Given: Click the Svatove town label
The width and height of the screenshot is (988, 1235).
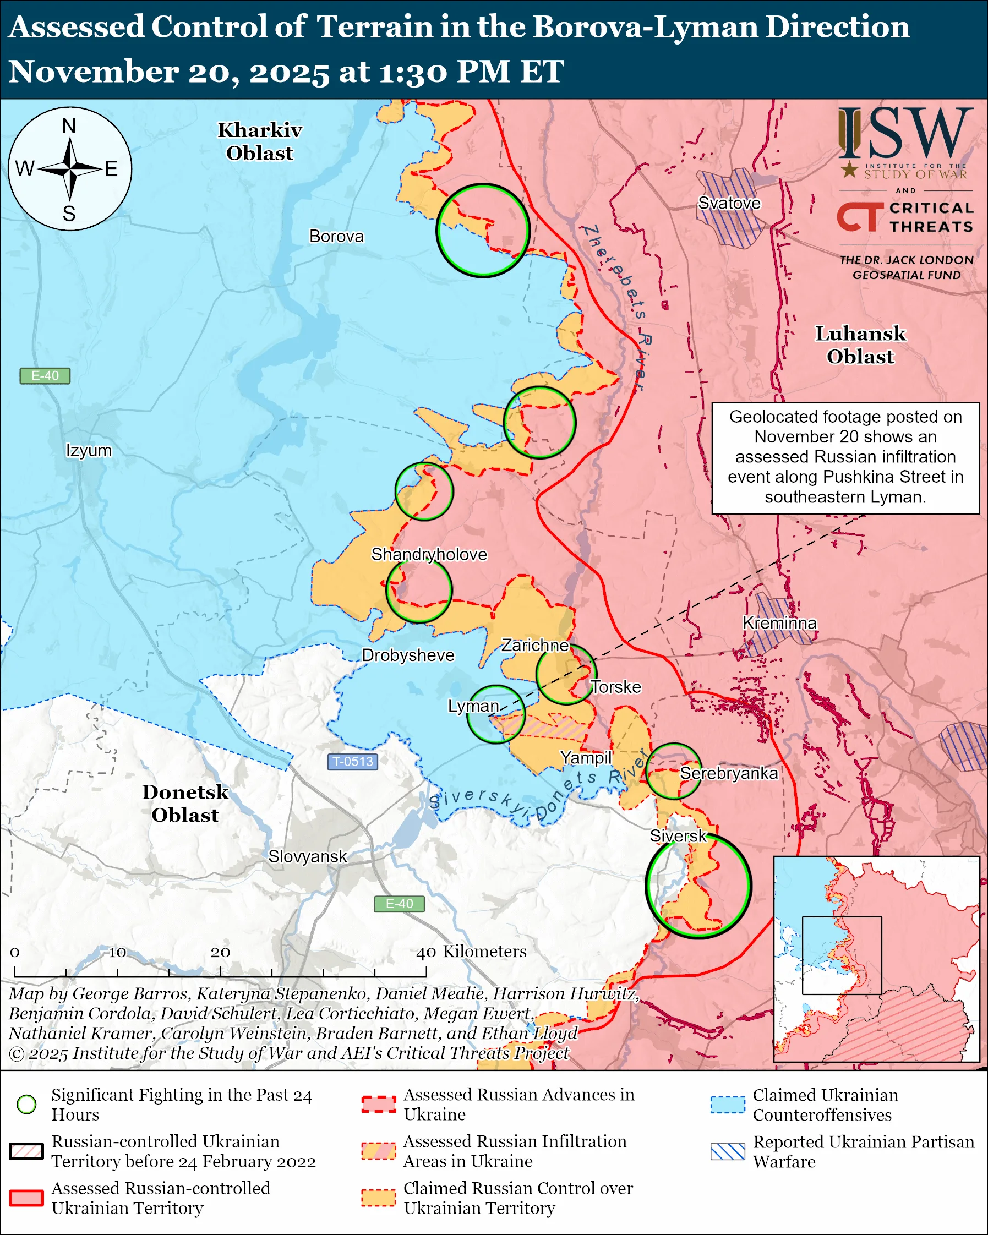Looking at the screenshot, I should pos(729,203).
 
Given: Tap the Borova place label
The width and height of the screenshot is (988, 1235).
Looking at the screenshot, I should pos(336,237).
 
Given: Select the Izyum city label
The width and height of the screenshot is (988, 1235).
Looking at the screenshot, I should pos(89,450).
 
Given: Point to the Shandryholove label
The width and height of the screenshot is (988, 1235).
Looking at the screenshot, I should pos(429,555).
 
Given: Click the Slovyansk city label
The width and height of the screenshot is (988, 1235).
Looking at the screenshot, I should pos(308,856).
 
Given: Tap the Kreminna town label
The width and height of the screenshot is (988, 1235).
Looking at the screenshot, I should pos(779,623).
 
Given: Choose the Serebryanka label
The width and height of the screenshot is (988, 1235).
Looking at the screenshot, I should pos(729,773).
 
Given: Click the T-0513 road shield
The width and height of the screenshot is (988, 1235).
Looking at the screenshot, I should pos(353,761).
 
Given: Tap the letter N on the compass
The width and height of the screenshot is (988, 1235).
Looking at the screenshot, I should pos(69,126).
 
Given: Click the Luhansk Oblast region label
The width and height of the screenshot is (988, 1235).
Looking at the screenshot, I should pos(860,345).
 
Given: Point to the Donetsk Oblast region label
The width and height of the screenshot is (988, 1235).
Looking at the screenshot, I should pos(185,803).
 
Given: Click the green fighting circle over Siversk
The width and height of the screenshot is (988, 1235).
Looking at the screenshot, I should pos(697,886).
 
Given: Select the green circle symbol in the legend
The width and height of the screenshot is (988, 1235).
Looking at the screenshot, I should pos(27,1104).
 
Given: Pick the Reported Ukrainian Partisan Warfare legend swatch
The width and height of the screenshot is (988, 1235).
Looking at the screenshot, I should pos(728,1151).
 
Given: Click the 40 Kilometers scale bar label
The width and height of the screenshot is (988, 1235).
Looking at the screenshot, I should pos(471,952).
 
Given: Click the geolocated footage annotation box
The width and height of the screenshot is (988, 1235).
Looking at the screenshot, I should pos(845,457).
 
